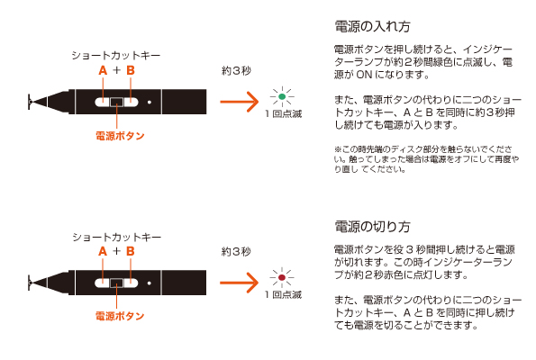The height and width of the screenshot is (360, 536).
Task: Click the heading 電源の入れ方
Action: tap(372, 27)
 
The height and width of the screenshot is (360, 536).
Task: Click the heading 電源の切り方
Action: tap(372, 227)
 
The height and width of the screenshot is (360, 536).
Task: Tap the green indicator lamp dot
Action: tap(282, 96)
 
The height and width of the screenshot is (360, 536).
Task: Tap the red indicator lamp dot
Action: tap(282, 277)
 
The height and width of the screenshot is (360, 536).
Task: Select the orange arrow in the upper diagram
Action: tap(240, 102)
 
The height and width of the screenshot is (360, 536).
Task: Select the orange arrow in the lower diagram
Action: tap(240, 283)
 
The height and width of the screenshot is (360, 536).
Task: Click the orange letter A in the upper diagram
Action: tap(103, 70)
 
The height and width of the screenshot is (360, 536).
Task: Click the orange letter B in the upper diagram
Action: tap(131, 70)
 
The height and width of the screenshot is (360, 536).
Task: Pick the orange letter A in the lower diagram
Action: tap(103, 251)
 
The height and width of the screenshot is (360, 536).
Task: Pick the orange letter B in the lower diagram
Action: tap(131, 251)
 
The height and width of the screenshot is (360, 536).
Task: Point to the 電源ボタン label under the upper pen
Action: tap(120, 136)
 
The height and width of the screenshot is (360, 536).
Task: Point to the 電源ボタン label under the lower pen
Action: tap(120, 316)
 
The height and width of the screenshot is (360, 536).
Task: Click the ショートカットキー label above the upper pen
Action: tap(116, 56)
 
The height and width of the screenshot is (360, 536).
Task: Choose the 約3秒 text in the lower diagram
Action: tap(236, 252)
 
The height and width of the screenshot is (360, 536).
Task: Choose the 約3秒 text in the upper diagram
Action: tap(236, 71)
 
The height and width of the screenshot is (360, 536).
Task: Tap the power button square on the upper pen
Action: tap(116, 102)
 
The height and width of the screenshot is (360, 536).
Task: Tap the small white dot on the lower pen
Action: tap(150, 283)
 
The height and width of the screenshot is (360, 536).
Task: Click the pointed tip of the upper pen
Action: tap(30, 102)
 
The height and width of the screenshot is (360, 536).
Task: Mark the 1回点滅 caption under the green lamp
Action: tap(284, 114)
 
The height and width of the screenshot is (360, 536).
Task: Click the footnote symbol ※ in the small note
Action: tap(338, 149)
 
